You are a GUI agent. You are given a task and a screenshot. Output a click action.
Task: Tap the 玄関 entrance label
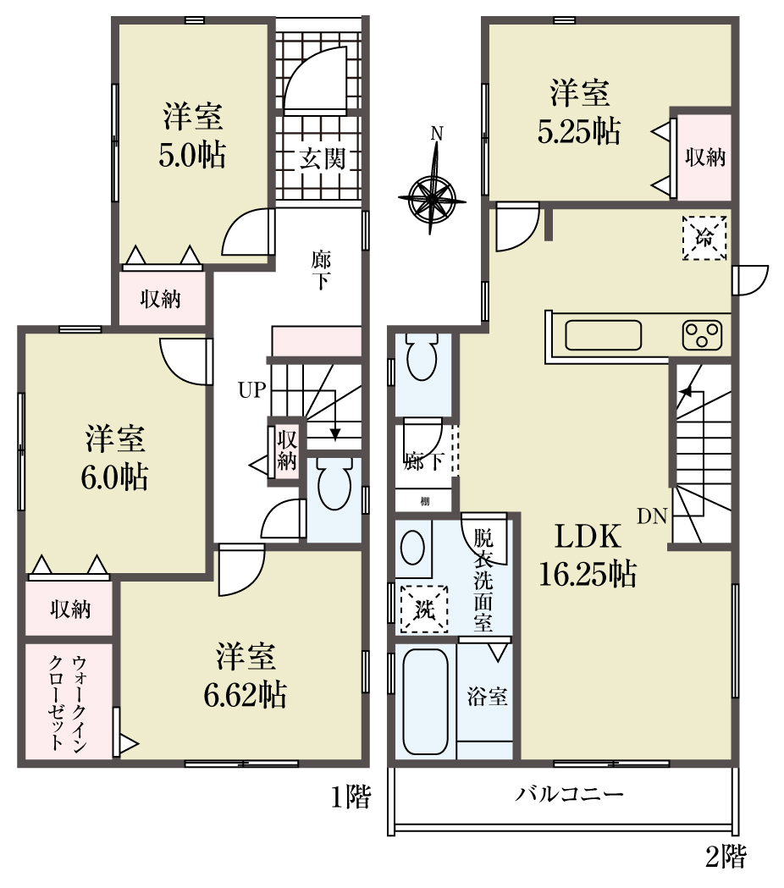pos(322,159)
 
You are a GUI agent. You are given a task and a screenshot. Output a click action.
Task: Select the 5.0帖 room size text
pos(192,155)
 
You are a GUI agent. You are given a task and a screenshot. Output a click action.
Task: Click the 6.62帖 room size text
pos(245,695)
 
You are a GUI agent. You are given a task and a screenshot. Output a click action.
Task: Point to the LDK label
pos(588,537)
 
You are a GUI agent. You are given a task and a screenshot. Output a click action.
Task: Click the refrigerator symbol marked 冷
pos(704,238)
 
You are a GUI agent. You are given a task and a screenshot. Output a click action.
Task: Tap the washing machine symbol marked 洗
pos(424,609)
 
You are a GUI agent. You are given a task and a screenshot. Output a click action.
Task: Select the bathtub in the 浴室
pos(425,701)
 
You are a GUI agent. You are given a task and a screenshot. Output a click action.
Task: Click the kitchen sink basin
pos(604,335)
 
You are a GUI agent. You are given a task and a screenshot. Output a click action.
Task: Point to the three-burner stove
pos(703,335)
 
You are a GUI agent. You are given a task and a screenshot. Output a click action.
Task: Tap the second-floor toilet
pos(422,356)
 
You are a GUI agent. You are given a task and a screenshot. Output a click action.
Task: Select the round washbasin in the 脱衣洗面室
pos(412,547)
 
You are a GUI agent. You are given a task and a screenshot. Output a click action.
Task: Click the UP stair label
pos(252,390)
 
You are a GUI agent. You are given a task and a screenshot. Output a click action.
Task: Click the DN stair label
pos(653,516)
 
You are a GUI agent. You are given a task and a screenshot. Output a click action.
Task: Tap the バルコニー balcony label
pos(569,794)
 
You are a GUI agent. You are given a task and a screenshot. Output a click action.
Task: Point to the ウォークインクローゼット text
pos(69,703)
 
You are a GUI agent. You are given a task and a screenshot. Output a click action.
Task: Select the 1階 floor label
pos(351,798)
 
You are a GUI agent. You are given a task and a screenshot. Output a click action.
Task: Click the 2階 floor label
pos(726,857)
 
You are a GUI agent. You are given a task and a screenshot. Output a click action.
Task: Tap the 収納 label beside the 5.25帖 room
pos(704,157)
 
